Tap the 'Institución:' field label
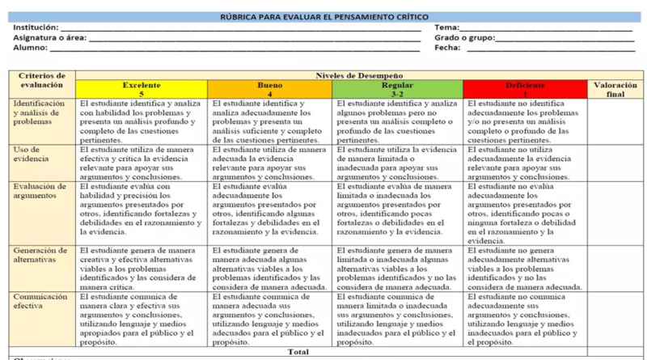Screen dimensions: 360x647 tap(36, 28)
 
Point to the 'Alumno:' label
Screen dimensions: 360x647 tap(30, 48)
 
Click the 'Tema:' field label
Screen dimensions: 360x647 tap(447, 28)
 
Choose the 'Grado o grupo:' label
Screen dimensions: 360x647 tap(463, 37)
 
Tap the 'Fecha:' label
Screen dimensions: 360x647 tap(447, 48)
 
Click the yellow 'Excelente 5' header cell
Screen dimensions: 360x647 tap(142, 89)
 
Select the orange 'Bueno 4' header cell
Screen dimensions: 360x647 tap(269, 89)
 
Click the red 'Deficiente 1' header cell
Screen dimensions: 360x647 tap(525, 89)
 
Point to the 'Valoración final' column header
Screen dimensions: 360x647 tap(615, 89)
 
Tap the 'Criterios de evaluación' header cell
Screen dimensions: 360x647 tap(43, 79)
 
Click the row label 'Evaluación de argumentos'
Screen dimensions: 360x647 tap(36, 190)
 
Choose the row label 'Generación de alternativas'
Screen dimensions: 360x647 tap(37, 255)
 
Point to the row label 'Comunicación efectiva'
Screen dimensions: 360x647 tap(40, 301)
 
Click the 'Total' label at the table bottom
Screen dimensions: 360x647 tap(298, 352)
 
